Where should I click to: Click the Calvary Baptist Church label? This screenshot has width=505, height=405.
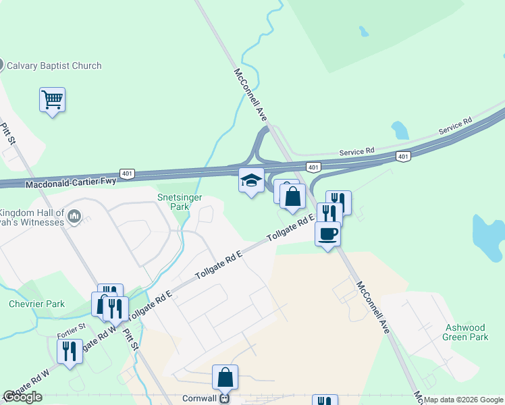point(54,65)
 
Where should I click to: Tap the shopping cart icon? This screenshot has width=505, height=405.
point(52,100)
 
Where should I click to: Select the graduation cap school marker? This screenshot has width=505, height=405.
point(251,181)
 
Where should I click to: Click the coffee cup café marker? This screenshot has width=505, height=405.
point(327,234)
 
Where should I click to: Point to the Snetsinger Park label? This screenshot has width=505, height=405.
point(173,202)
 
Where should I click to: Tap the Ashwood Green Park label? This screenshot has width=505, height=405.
point(466,332)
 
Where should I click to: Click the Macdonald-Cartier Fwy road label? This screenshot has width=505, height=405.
point(71,182)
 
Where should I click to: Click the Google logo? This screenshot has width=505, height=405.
point(22,397)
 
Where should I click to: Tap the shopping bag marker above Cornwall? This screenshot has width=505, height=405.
point(225,377)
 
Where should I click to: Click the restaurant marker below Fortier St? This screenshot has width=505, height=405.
point(70,351)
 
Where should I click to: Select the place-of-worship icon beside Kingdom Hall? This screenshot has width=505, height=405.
point(74,217)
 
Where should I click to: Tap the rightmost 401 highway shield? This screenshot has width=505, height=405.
point(402,157)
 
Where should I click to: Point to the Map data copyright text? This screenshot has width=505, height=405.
point(464,400)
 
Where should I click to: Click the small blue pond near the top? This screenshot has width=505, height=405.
point(364,31)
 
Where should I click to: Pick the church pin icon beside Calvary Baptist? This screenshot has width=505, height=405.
point(1,65)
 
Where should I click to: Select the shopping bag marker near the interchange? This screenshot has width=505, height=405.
point(293,197)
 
